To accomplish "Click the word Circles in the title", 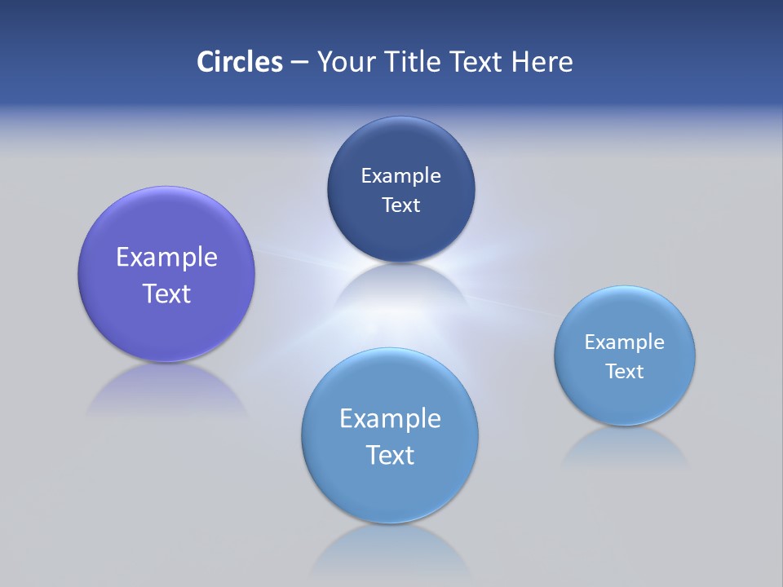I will pos(239,62).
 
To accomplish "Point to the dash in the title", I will pos(299,63).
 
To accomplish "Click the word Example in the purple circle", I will pos(166,258).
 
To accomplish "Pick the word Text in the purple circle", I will pos(166,293).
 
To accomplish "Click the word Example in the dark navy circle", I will pos(400,176).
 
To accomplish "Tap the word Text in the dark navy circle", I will pos(400,205).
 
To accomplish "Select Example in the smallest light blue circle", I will pos(624,342).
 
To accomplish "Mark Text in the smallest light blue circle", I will pos(624,372).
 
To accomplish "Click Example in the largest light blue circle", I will pos(390,419).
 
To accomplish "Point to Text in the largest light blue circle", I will pos(390,455).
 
